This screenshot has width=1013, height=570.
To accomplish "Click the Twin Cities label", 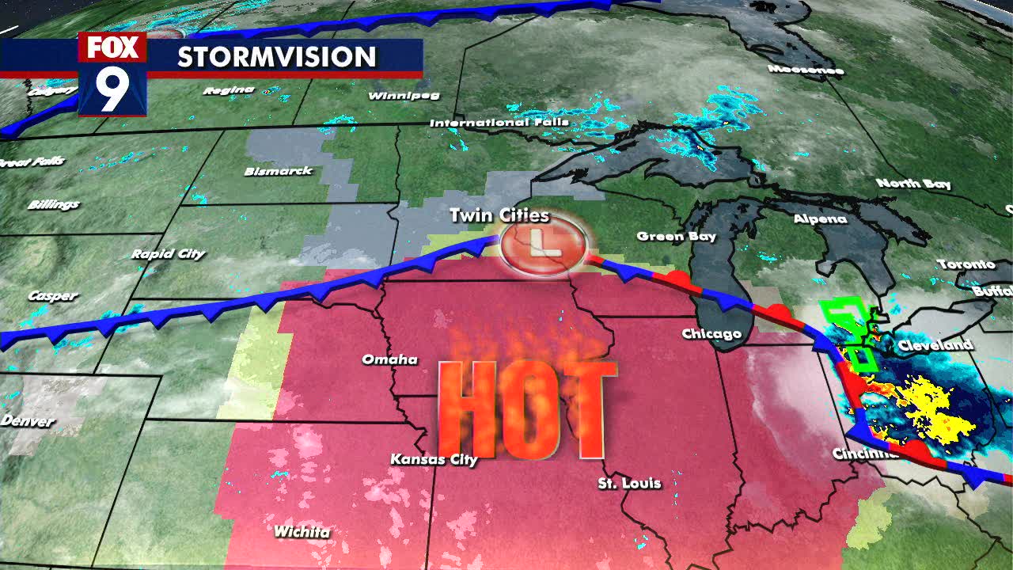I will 499,215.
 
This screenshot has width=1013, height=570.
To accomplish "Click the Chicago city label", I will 711,334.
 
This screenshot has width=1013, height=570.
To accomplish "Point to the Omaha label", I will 389,359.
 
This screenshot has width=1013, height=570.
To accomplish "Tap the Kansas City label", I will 434,459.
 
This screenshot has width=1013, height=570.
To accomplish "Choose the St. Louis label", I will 629,482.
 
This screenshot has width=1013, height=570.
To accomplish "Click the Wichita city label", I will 302,531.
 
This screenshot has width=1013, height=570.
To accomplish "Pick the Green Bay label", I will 676,236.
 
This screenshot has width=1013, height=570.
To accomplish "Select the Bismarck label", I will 279,171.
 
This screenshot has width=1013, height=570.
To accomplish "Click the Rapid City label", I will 168,254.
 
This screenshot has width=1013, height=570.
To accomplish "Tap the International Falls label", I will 499,123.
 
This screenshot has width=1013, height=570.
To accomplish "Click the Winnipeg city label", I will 404,96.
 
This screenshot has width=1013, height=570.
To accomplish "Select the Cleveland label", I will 935,345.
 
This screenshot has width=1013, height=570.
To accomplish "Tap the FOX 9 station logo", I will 112,74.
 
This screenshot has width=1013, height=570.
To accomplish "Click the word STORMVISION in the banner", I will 276,57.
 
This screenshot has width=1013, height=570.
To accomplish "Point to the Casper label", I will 52,296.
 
